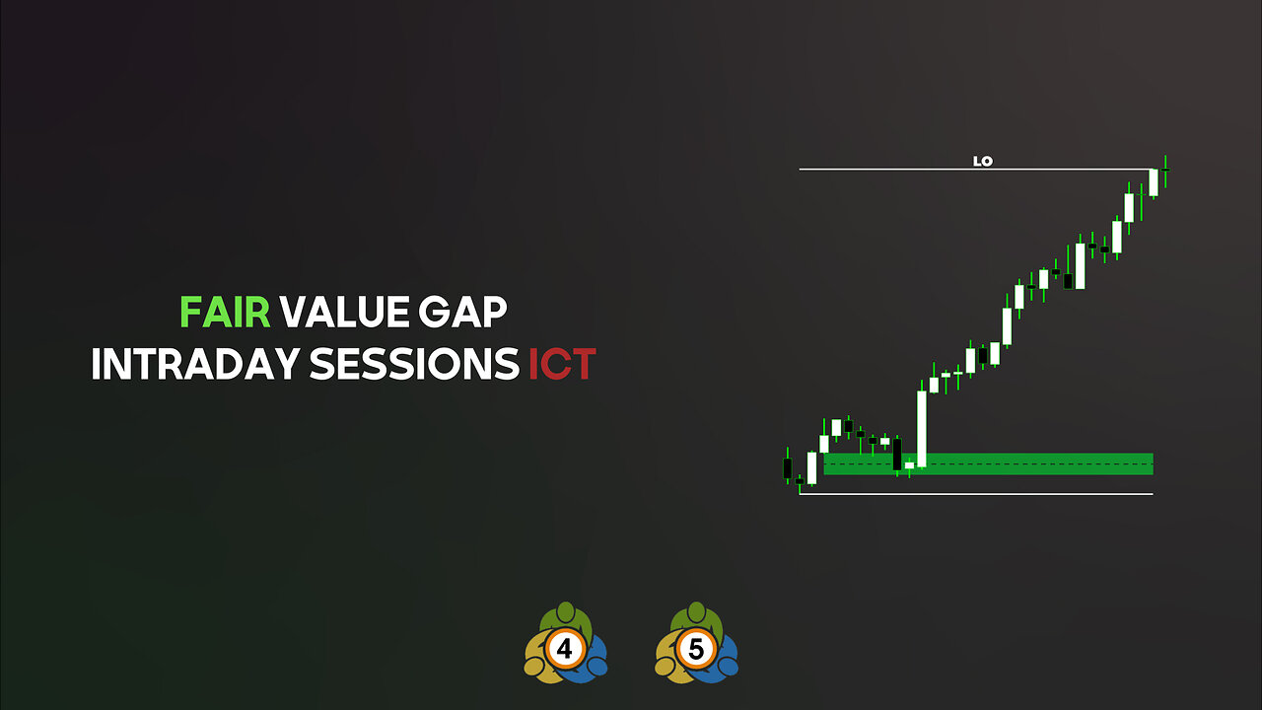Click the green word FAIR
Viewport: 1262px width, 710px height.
click(225, 313)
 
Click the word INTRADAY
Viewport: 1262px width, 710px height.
click(195, 365)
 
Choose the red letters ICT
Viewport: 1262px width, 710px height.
click(562, 365)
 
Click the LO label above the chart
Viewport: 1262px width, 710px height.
click(982, 161)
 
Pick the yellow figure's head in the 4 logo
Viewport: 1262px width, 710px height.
click(534, 667)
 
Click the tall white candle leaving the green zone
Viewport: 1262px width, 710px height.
click(922, 428)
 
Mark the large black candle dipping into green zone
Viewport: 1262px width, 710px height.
click(897, 454)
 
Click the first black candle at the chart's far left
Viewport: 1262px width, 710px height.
click(788, 466)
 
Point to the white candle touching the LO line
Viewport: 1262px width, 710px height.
click(1154, 182)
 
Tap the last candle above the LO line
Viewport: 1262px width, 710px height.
click(1165, 171)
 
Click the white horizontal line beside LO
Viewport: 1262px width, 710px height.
click(887, 170)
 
